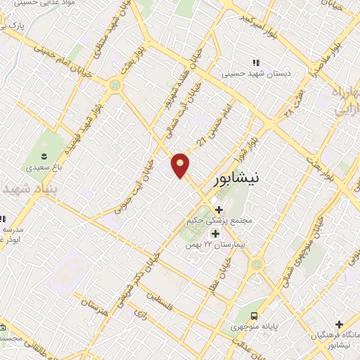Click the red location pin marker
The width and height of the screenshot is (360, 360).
(x=181, y=165)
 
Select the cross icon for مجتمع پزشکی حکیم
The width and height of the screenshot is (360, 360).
(x=219, y=210)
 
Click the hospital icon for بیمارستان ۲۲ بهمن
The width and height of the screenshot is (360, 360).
(x=216, y=233)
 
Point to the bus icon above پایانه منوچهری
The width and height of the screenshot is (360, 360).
(x=255, y=316)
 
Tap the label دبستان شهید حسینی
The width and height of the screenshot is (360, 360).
(x=255, y=72)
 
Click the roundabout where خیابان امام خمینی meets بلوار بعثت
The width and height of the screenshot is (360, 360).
(x=114, y=84)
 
